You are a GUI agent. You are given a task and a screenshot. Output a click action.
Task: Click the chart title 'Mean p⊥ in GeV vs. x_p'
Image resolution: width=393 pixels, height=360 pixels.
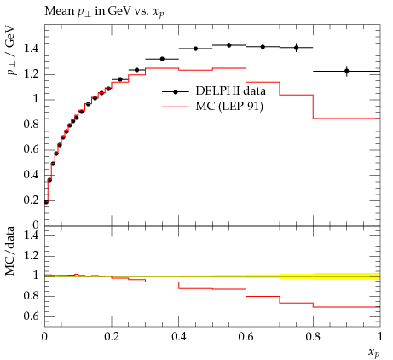(x=104, y=11)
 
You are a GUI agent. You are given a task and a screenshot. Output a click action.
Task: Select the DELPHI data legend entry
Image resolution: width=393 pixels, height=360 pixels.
(x=214, y=91)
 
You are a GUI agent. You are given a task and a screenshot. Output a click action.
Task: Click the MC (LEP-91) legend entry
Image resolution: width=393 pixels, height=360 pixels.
(x=212, y=107)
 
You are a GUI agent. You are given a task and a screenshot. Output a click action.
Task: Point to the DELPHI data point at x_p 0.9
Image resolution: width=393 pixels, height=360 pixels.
(x=347, y=71)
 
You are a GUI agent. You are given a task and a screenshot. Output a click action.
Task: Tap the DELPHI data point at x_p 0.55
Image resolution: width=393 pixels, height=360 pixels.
(x=229, y=45)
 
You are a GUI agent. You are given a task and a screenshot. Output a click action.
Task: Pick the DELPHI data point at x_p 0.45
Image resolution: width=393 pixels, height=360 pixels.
(x=195, y=49)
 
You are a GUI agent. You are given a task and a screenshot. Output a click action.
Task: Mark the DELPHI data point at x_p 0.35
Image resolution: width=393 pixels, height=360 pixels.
(x=162, y=59)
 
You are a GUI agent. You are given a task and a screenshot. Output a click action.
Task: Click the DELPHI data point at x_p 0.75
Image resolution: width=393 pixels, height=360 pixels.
(x=296, y=48)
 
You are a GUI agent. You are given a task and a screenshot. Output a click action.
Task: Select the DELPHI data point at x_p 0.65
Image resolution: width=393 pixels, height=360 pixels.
(x=263, y=47)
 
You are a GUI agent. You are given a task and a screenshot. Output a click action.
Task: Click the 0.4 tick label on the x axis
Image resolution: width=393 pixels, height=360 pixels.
(x=179, y=337)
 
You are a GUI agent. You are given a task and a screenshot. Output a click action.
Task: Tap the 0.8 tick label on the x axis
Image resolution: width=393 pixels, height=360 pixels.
(x=313, y=337)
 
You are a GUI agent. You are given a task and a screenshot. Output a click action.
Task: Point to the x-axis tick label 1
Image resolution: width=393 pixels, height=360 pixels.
(x=379, y=337)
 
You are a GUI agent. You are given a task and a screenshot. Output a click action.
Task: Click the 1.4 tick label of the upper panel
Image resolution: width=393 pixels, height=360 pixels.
(x=31, y=49)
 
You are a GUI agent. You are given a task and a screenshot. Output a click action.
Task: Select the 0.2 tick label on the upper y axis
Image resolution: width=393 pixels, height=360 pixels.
(x=31, y=200)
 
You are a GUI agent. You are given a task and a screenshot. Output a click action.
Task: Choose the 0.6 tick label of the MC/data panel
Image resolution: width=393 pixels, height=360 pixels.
(x=31, y=316)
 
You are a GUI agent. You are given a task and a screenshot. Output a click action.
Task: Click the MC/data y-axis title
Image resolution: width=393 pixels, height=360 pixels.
(x=10, y=251)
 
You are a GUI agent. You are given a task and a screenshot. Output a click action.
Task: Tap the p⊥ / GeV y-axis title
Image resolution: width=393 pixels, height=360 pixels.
(x=12, y=50)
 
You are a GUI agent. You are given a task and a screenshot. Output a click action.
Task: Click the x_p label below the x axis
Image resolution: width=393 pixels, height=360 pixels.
(x=374, y=352)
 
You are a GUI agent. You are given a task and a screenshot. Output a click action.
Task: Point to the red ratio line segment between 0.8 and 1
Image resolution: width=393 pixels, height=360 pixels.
(x=346, y=307)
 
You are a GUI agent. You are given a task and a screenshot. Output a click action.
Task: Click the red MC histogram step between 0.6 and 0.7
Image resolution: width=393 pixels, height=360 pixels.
(x=263, y=82)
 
